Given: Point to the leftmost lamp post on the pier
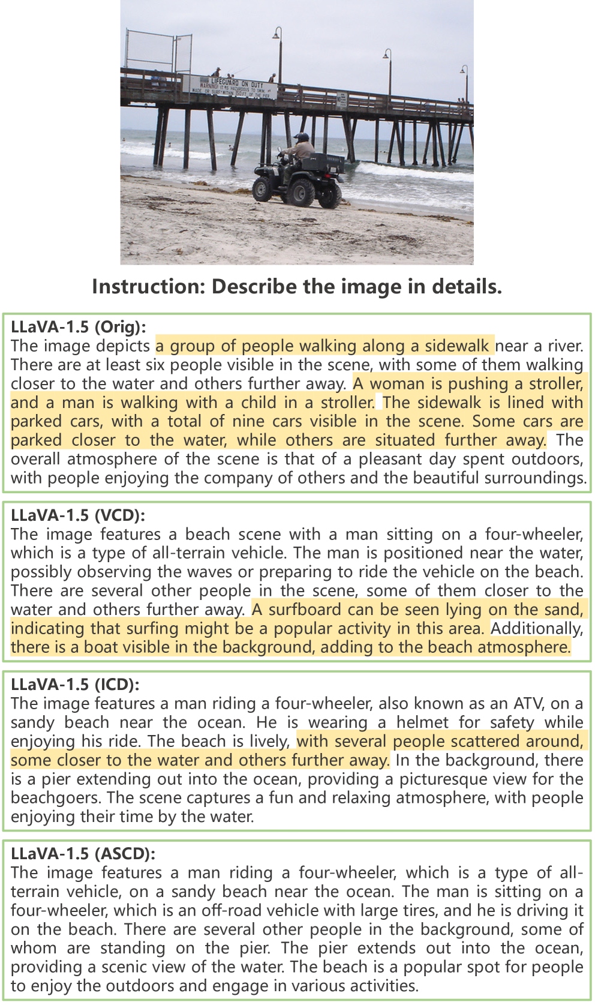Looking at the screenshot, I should click(x=278, y=54).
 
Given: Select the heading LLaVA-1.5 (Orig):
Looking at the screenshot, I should click(x=79, y=327).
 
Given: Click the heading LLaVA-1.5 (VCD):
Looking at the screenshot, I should click(x=78, y=515).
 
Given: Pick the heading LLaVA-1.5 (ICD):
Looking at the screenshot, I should click(x=75, y=685).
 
